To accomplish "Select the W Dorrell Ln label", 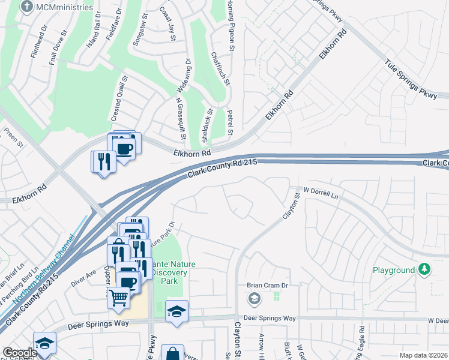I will click(x=321, y=193).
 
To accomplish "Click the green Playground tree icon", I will click(x=425, y=269).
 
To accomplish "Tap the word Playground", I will click(x=394, y=271).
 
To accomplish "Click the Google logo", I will click(x=19, y=353).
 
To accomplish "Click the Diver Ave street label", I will click(x=83, y=275).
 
